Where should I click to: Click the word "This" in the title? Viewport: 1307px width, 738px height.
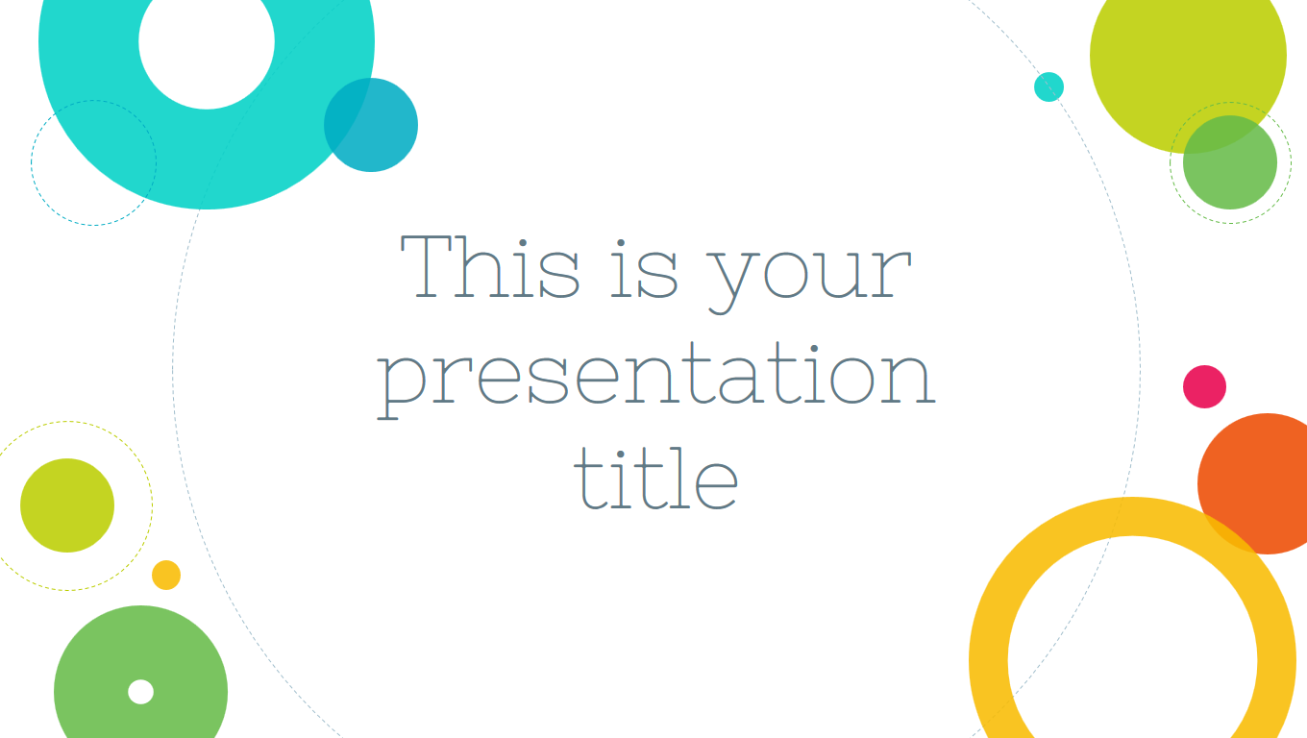(490, 266)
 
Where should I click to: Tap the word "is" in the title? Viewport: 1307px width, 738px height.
(644, 268)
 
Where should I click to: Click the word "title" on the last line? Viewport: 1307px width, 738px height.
(656, 478)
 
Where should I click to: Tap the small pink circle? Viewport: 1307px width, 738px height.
(1204, 386)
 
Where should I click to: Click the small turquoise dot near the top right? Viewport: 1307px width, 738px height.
(1048, 86)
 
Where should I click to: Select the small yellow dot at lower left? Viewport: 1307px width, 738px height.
(166, 576)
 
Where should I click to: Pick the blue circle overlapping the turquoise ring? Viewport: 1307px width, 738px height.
(371, 125)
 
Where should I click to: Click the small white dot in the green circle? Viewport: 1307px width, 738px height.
(140, 692)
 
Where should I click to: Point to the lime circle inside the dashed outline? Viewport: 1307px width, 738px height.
(67, 505)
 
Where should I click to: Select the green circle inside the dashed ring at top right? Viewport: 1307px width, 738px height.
(1230, 162)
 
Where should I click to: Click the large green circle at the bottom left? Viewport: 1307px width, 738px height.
(140, 672)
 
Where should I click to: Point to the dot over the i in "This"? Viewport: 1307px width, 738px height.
(523, 243)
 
